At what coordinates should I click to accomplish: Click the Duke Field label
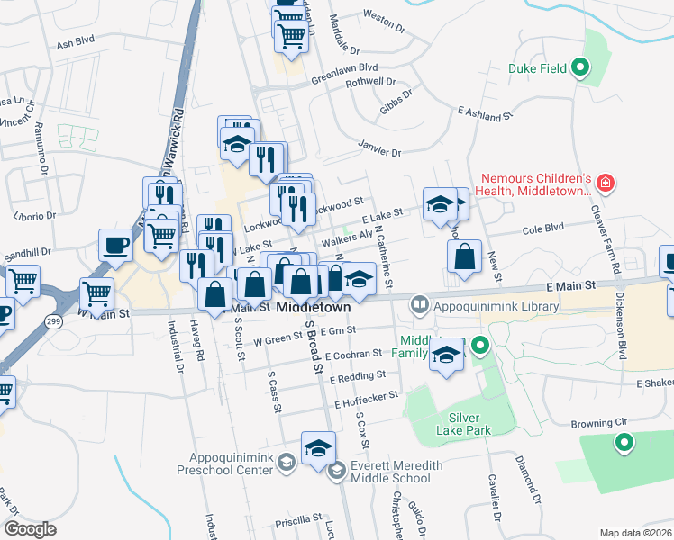point(537,67)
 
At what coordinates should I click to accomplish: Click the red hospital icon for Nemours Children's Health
point(606,184)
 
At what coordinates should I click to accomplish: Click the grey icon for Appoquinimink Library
point(419,306)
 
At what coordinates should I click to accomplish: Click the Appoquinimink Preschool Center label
point(230,463)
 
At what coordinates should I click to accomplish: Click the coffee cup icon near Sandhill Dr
point(115,247)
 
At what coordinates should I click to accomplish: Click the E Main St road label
point(571,285)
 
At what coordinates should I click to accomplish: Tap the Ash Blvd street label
point(76,43)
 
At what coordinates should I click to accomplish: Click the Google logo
point(30,529)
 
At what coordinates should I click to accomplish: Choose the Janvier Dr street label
point(379,150)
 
